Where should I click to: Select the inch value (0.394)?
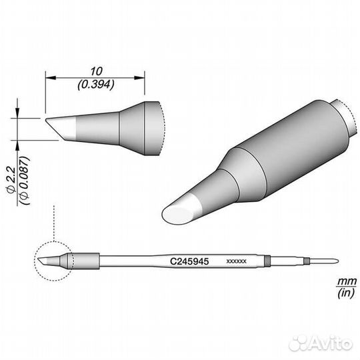point(95,84)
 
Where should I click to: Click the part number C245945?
point(189,262)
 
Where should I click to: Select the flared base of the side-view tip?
point(148,127)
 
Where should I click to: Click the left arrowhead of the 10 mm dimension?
point(49,78)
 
